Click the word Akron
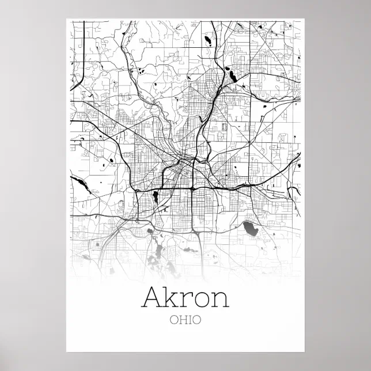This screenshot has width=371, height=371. (x=185, y=297)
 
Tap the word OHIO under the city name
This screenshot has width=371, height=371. (x=185, y=319)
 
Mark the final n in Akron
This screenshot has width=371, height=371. (x=219, y=300)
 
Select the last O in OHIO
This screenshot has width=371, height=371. (x=197, y=319)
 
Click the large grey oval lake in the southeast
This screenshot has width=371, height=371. (x=251, y=229)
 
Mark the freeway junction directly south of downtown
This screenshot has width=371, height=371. (x=191, y=188)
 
